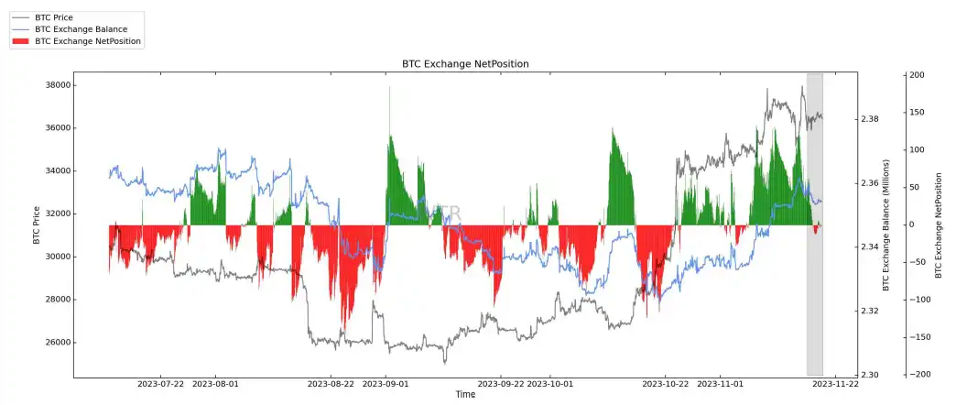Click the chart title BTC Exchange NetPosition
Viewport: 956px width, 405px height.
tap(465, 63)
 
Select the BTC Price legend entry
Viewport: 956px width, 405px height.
tap(66, 17)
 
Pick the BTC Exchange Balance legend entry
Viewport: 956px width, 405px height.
tap(81, 29)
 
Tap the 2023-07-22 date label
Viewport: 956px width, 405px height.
tap(160, 385)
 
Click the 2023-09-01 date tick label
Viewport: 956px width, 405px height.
tap(386, 385)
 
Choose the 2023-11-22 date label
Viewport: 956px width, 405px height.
tap(835, 385)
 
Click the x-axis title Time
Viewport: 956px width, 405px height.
tap(465, 395)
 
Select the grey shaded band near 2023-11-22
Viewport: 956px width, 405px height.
tap(814, 224)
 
